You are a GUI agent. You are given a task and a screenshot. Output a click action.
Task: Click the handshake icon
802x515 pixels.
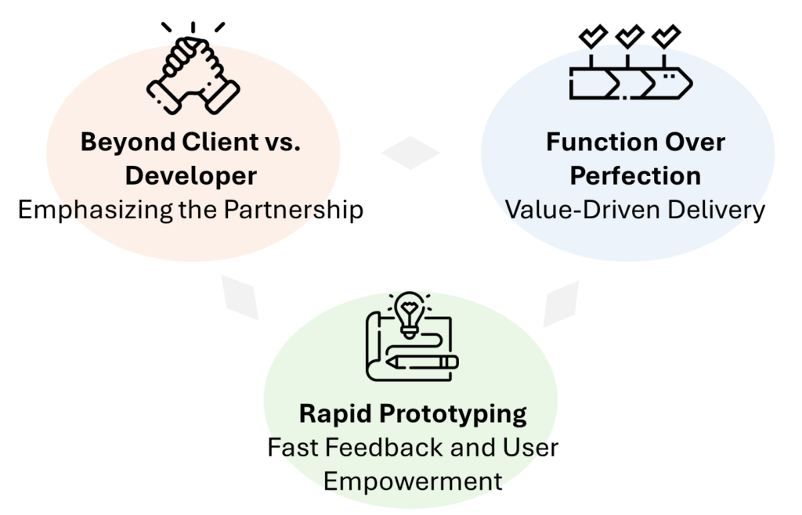193,79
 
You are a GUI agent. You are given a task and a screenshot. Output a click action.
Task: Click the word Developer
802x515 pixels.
192,176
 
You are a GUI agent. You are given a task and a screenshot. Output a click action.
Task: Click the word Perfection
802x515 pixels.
634,176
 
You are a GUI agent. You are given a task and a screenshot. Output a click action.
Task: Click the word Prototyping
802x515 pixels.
453,413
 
